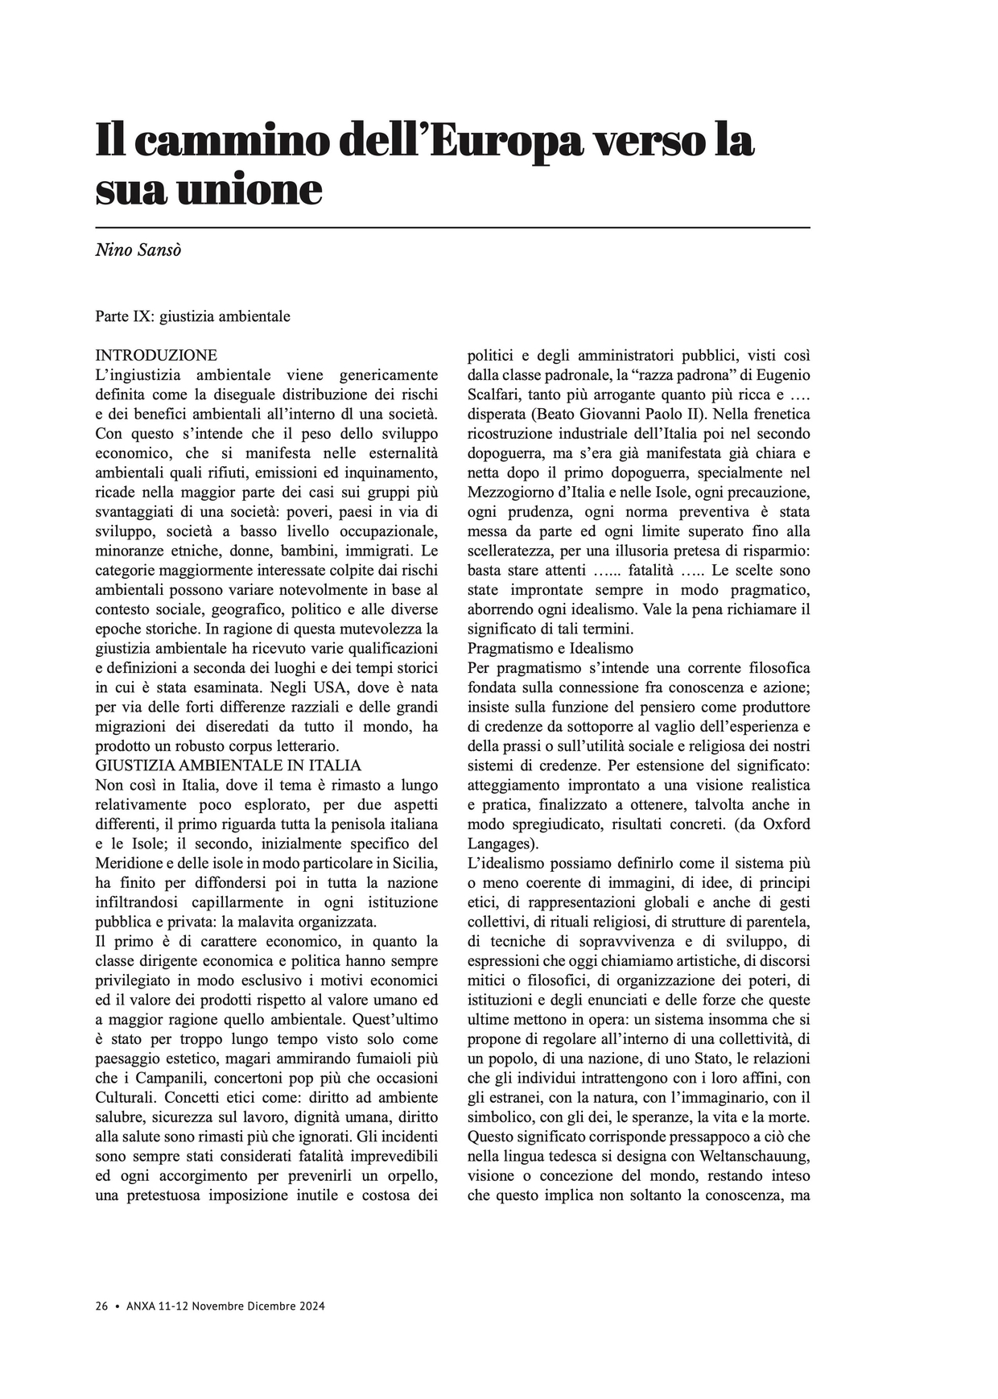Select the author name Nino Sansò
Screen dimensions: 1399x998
click(138, 250)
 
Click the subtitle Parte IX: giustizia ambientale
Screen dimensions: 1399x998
click(192, 316)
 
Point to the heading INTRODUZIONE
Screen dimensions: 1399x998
click(156, 355)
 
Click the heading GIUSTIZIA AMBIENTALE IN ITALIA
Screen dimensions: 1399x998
click(228, 765)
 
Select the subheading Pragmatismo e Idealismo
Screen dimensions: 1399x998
click(551, 648)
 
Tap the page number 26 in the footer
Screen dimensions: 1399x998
click(101, 1306)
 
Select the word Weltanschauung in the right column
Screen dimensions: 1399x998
click(753, 1157)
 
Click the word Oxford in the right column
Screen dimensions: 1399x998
click(786, 824)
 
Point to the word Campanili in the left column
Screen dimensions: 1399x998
click(169, 1078)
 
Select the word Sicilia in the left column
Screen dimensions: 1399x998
click(414, 863)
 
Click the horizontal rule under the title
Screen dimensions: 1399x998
click(452, 228)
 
